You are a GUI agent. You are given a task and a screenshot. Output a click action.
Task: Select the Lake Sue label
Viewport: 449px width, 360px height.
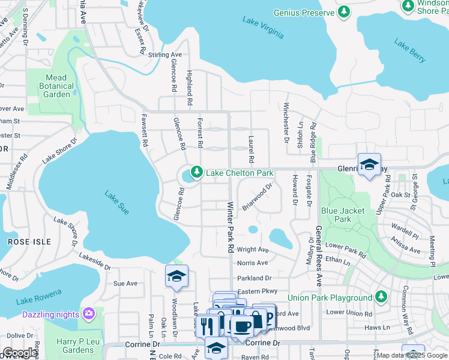click(116, 202)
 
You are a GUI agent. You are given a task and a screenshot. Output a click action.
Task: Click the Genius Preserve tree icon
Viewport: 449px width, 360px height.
click(343, 13)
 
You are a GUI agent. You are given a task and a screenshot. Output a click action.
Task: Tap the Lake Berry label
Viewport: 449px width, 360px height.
click(411, 50)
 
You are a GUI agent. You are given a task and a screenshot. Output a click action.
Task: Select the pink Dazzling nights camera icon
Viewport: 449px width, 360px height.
click(89, 314)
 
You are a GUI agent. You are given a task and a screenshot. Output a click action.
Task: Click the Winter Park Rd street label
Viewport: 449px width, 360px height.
click(230, 226)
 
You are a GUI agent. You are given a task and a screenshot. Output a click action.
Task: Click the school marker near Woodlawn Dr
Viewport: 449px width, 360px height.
click(177, 276)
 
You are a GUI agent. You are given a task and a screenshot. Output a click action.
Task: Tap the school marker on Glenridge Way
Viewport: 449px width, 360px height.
click(369, 164)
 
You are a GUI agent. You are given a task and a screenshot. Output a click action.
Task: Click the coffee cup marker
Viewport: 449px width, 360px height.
click(242, 327)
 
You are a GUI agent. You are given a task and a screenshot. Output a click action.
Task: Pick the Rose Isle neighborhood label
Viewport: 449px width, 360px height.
click(22, 241)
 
